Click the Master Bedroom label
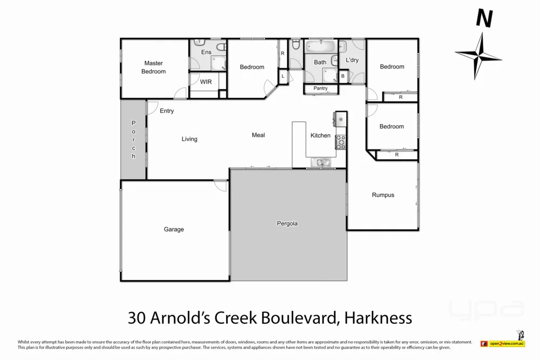coord(153,67)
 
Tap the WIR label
coord(206,82)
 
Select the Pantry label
coord(320,88)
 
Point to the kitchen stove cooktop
coord(341,142)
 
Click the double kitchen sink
coord(323,162)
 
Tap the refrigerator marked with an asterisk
coord(341,119)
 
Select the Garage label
coord(174,229)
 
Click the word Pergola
coord(287,223)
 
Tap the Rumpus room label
coord(383,195)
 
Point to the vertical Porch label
coord(133,140)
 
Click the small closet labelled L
coord(283,77)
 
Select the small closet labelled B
coord(343,77)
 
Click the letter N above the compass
coord(484,19)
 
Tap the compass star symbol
coord(478,55)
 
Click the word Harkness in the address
coord(379,317)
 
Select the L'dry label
coord(352,60)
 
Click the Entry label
coord(167,111)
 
